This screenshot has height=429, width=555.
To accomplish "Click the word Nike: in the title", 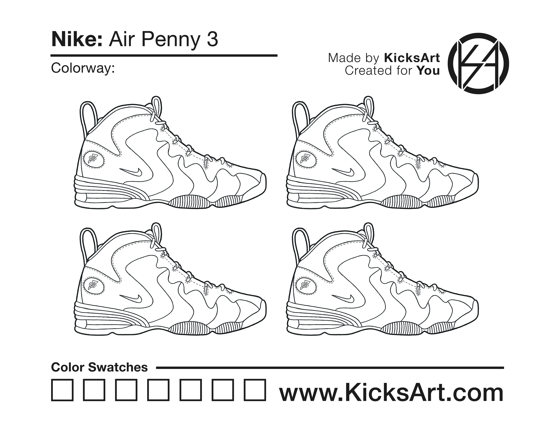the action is [x=77, y=40].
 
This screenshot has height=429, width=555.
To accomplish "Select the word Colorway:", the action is [x=83, y=68].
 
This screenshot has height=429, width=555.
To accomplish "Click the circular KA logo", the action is [x=478, y=64].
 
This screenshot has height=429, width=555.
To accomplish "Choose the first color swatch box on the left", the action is [x=62, y=390].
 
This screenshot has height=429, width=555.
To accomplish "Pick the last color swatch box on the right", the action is [x=255, y=390].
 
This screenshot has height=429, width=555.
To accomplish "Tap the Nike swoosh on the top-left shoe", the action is [x=131, y=172].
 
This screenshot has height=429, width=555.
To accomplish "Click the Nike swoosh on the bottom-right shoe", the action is [x=343, y=299].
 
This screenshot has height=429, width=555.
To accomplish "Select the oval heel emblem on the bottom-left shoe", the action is [x=94, y=285].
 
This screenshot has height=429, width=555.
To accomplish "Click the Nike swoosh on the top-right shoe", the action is [x=343, y=172].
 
